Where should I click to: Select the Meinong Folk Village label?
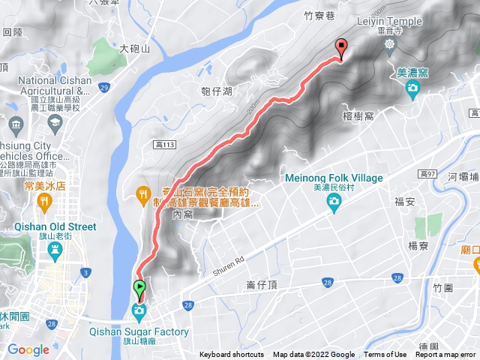coord(334,178)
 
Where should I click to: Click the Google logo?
coord(28,349)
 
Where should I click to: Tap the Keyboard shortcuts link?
coord(231,355)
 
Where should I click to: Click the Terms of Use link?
coord(385,355)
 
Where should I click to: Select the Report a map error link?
coord(446,355)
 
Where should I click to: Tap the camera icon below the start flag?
coord(139,310)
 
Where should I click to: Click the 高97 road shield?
coord(429,174)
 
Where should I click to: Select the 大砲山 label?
coord(136,48)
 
